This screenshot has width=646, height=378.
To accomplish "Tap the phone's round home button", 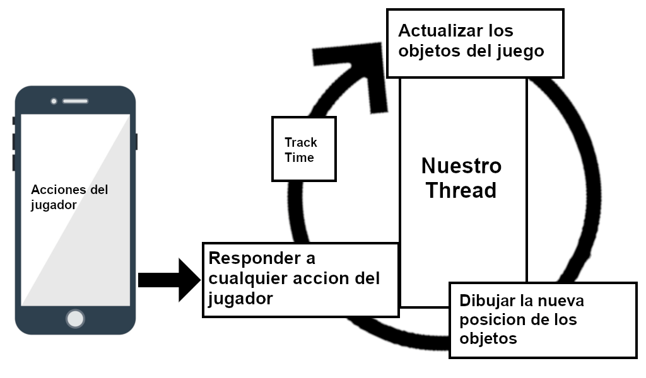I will pyautogui.click(x=75, y=318).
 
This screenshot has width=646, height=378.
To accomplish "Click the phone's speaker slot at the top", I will pyautogui.click(x=75, y=101).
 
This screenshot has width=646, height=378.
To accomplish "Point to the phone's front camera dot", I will pyautogui.click(x=54, y=101).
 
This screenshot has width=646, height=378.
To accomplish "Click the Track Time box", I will pyautogui.click(x=303, y=149).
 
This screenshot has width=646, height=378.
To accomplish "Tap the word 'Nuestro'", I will pyautogui.click(x=461, y=166).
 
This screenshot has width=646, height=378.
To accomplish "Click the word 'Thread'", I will pyautogui.click(x=461, y=190).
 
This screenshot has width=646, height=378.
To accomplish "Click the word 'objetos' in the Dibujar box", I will pyautogui.click(x=488, y=338).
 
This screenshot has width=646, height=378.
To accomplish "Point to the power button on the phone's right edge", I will pyautogui.click(x=136, y=141).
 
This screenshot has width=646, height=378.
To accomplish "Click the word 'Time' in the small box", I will pyautogui.click(x=299, y=157).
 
